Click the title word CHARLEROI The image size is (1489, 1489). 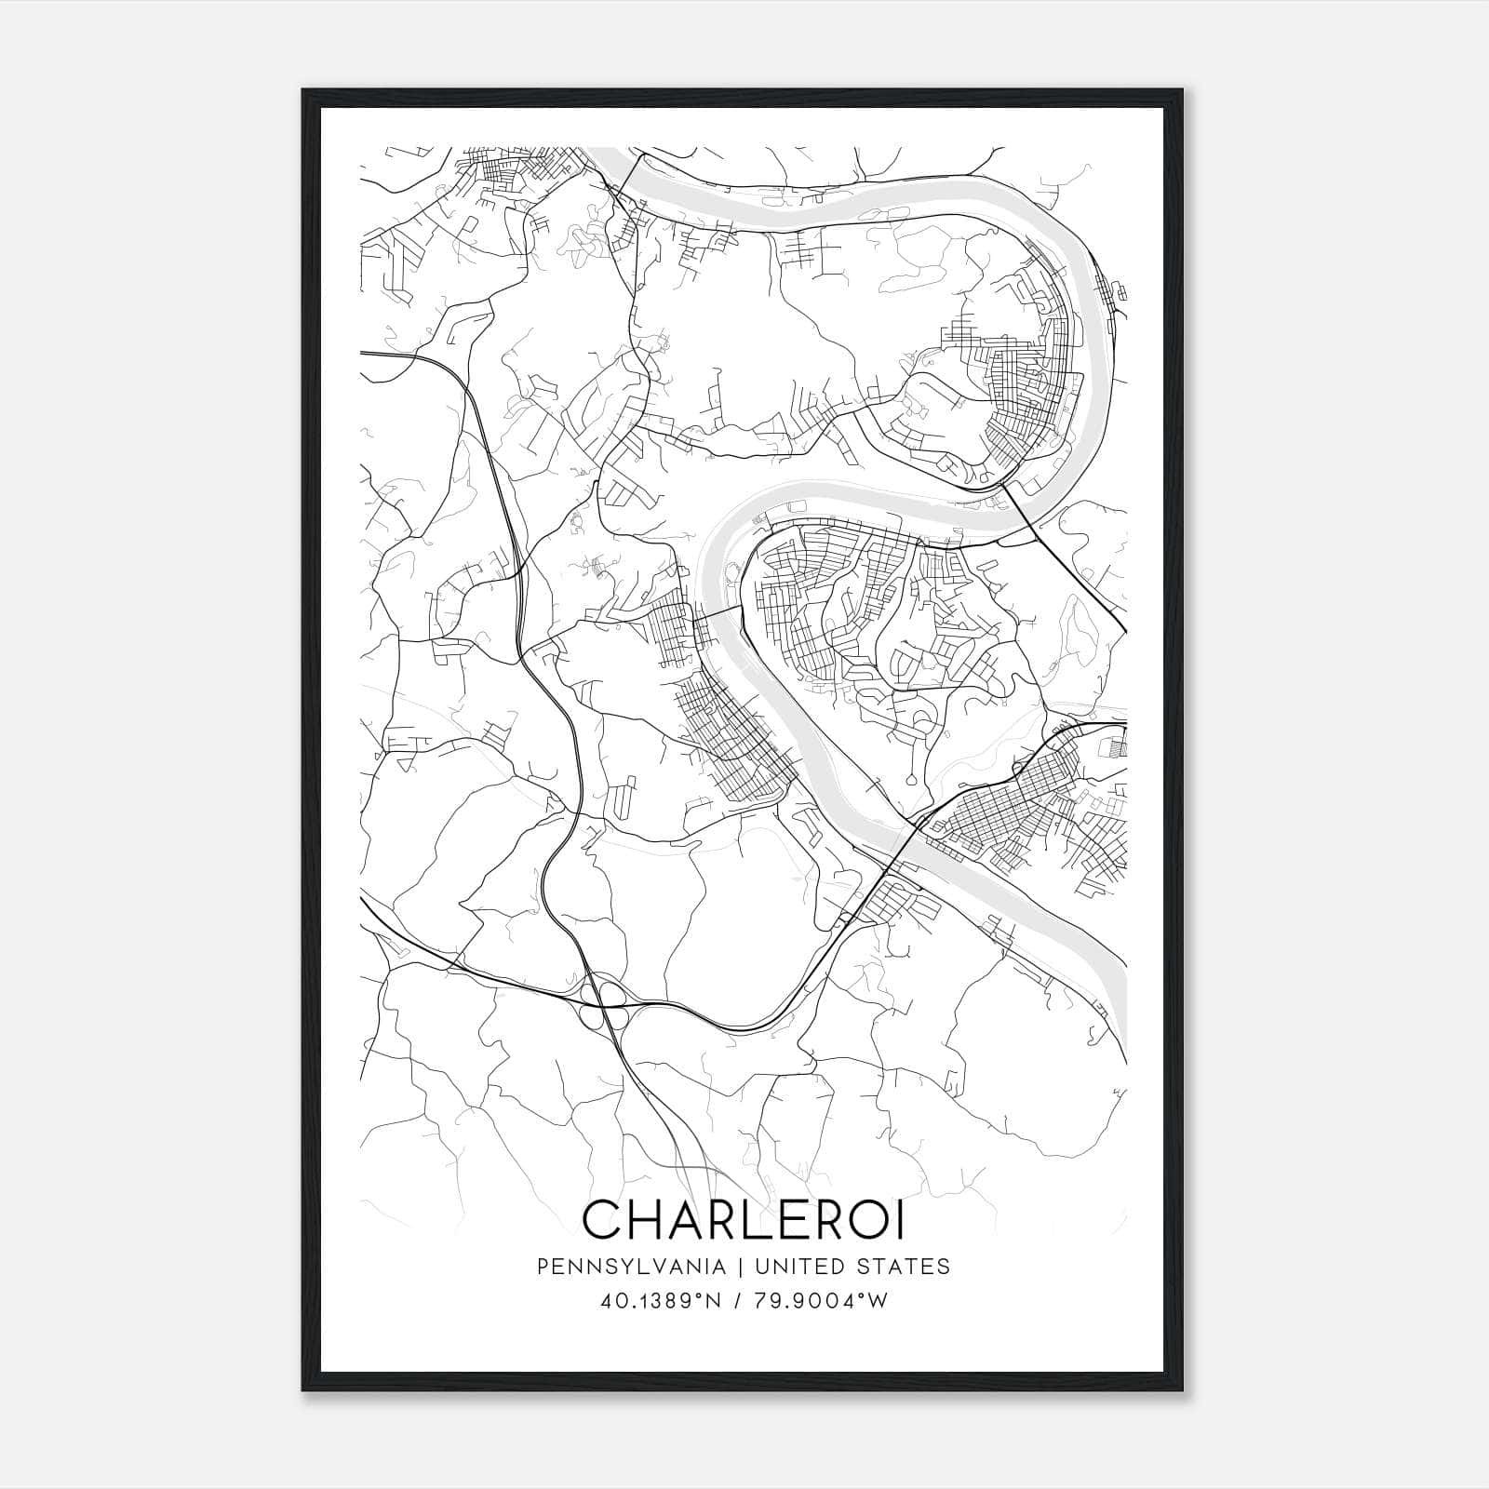743,1219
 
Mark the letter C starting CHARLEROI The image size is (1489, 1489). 603,1219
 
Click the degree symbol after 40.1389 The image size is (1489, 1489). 697,1295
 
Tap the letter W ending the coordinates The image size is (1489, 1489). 879,1300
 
